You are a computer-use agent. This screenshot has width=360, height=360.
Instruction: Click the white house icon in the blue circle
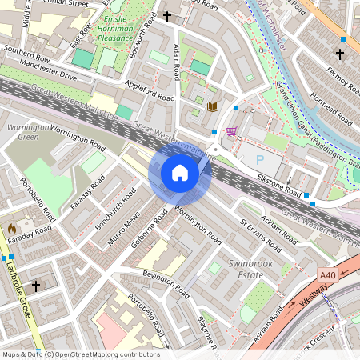tap(180, 173)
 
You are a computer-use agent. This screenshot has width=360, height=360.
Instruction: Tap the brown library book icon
tap(212, 106)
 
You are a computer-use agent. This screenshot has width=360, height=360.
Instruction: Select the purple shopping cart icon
tap(231, 132)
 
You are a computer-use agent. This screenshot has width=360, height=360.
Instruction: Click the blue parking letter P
tap(259, 159)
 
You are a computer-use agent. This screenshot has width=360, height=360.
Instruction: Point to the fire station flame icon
tap(12, 229)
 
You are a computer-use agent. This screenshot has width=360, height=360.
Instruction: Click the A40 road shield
tap(327, 275)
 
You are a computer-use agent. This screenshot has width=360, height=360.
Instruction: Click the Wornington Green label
tap(22, 132)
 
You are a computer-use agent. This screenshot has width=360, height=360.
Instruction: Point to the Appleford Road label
tap(149, 90)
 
